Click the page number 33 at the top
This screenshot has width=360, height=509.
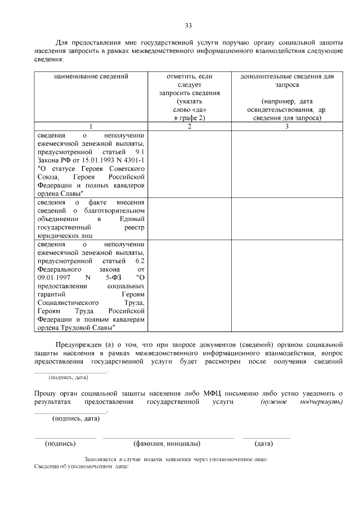pyautogui.click(x=188, y=25)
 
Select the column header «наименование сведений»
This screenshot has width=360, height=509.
pyautogui.click(x=92, y=76)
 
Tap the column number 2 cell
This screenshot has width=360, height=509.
pyautogui.click(x=189, y=127)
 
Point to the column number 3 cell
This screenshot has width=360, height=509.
pyautogui.click(x=286, y=127)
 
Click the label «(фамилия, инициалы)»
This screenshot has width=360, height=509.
pyautogui.click(x=167, y=444)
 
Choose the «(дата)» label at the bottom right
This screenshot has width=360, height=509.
pyautogui.click(x=264, y=444)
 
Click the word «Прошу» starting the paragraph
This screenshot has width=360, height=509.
pyautogui.click(x=45, y=392)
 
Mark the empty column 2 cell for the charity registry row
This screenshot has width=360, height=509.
pyautogui.click(x=189, y=218)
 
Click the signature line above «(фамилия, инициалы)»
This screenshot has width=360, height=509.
pyautogui.click(x=168, y=437)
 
